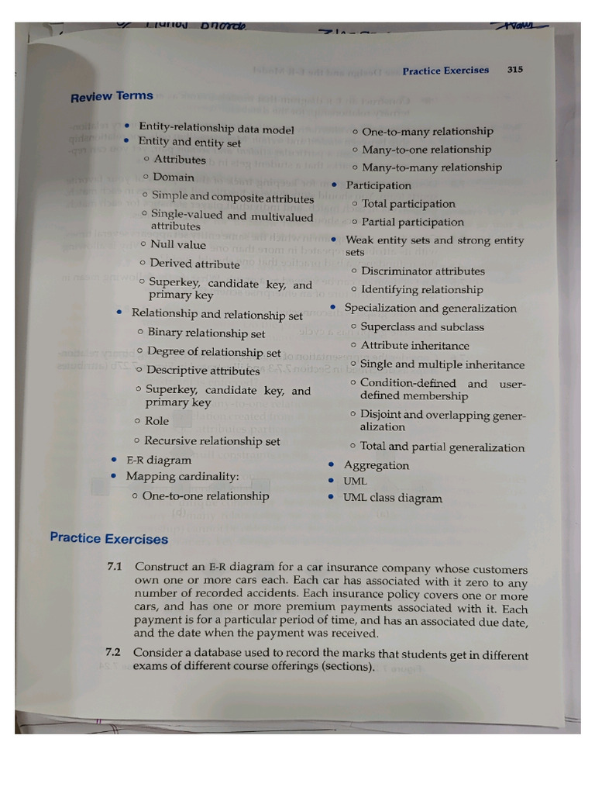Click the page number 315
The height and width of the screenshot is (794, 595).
[x=515, y=69]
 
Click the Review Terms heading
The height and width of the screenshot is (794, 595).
[x=112, y=97]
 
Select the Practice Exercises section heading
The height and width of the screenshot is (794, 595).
[x=108, y=538]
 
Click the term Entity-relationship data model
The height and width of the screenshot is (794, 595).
[x=216, y=129]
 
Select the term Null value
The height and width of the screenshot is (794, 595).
[x=178, y=244]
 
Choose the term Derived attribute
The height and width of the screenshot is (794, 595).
[x=194, y=264]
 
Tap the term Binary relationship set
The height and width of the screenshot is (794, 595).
[x=206, y=333]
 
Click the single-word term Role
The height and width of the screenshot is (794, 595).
[x=157, y=421]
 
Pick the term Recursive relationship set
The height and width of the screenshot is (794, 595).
[x=212, y=441]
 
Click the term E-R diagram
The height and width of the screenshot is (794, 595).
[x=158, y=460]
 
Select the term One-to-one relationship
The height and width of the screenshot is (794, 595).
[x=206, y=495]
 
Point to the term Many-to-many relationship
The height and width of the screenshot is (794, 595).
[x=432, y=167]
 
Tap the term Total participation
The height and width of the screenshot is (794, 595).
[x=408, y=204]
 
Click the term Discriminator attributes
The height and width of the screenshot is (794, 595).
[x=422, y=271]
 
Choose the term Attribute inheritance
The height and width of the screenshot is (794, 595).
[x=414, y=346]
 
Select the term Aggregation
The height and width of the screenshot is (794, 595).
[x=377, y=465]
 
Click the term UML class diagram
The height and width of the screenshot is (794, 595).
[x=393, y=499]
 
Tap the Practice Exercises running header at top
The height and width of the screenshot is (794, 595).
[x=445, y=71]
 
